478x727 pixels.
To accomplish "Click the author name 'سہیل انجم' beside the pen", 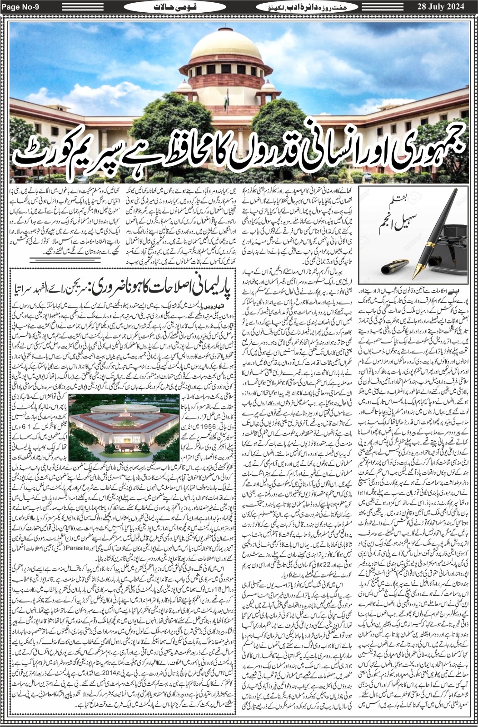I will pyautogui.click(x=389, y=222).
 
